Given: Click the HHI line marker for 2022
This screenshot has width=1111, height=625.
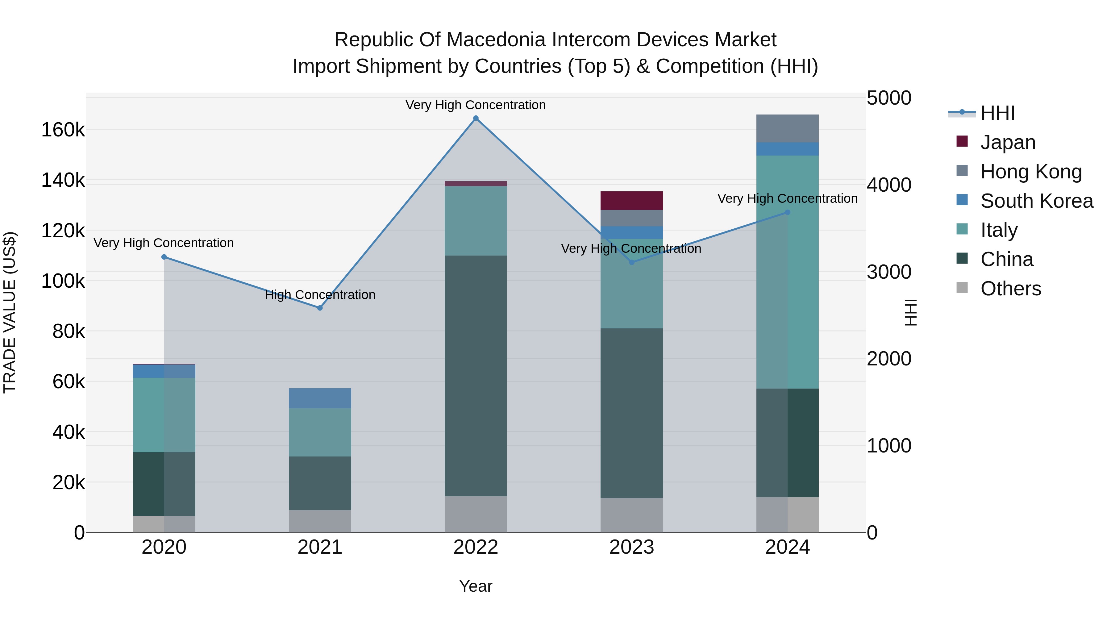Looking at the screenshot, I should pos(476,118).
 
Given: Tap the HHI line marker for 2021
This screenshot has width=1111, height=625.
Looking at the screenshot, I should pos(320,308).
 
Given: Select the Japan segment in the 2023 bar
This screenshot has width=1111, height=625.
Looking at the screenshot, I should pos(631,201).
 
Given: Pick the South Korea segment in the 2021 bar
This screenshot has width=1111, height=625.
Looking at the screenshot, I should pos(320,398).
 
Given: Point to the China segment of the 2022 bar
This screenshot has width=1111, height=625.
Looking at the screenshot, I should pos(476,375).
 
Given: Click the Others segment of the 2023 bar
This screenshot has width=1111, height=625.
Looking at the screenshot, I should pos(631,515).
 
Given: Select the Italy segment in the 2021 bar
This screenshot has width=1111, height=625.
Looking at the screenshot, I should pos(320,432).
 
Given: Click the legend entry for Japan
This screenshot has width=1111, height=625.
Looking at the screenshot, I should pos(1008,142).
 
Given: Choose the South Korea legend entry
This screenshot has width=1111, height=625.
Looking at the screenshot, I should pos(1036,201).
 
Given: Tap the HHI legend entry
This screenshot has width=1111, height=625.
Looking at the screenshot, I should pos(997,113).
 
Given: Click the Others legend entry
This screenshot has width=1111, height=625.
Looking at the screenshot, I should pos(1010,289).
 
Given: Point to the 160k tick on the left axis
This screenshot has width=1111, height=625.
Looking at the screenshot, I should pos(63,130).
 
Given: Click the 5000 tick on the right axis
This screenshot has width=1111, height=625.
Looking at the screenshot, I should pos(889,98).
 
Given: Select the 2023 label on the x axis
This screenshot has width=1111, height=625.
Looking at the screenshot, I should pos(631,547).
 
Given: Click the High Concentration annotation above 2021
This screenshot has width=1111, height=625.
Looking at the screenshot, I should pos(320,295).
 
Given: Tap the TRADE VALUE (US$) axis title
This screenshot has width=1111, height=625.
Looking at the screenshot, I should pos(10,312).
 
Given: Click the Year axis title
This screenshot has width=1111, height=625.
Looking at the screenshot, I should pos(476,586).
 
